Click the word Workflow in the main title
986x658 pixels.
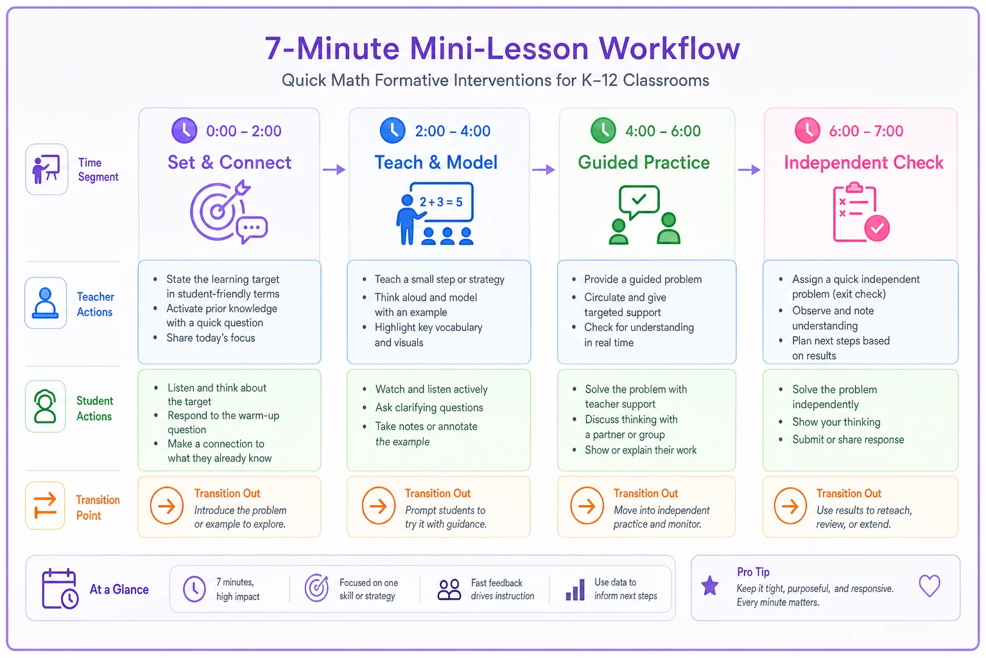[x=669, y=48]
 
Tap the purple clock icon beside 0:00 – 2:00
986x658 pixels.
[x=184, y=130]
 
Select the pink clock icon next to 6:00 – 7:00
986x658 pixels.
[x=807, y=130]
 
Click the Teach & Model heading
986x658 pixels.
[x=436, y=162]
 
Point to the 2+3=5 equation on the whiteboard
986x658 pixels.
[x=440, y=202]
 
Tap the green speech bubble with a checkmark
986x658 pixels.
[x=639, y=202]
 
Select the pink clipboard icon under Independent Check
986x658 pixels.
[x=861, y=212]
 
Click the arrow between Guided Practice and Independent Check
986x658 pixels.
[x=749, y=170]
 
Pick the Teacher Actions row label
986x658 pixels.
[x=95, y=304]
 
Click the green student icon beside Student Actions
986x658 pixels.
[x=46, y=406]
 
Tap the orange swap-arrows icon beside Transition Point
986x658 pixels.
[x=46, y=505]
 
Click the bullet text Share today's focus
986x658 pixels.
[x=211, y=338]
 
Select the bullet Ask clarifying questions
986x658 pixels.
[x=429, y=407]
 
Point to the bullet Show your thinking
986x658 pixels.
[x=836, y=422]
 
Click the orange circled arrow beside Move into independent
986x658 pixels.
[x=587, y=506]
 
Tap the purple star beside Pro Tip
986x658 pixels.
[x=709, y=586]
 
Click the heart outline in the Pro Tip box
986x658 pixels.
[x=930, y=586]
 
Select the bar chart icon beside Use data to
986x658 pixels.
[x=575, y=590]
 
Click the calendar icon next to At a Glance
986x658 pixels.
[x=60, y=589]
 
